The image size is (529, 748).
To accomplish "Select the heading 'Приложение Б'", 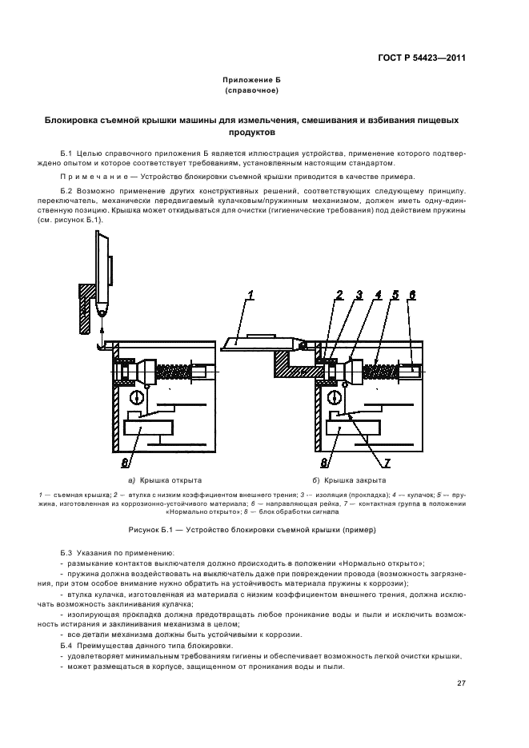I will click(x=251, y=81).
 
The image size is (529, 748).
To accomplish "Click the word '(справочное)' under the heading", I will click(x=251, y=91).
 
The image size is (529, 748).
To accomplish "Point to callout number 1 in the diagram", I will click(x=250, y=296).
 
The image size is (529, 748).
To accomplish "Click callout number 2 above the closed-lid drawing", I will click(x=339, y=296).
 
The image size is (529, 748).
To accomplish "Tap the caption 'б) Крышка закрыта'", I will click(x=349, y=481).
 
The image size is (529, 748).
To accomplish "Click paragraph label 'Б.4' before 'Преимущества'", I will click(x=66, y=644).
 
